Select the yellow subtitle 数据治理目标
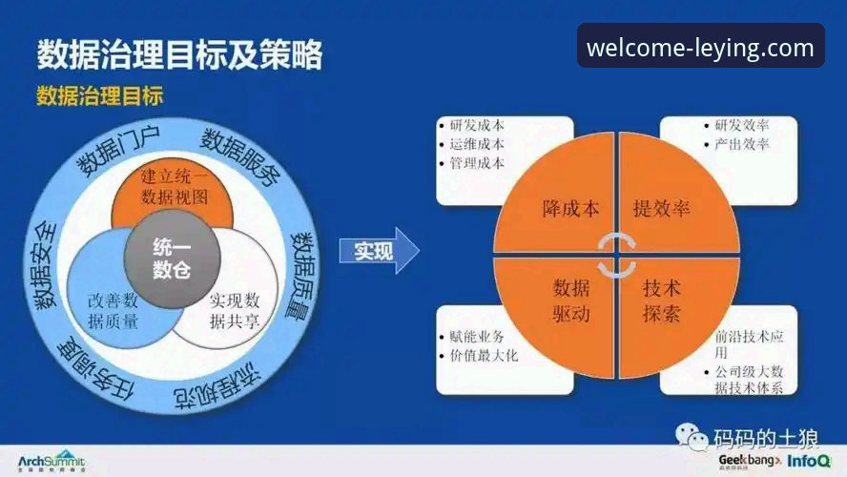(x=99, y=95)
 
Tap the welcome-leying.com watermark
(x=700, y=47)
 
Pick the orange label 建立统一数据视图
(x=173, y=187)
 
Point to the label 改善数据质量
(x=114, y=310)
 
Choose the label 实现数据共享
(x=235, y=310)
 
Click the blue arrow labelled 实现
(x=378, y=252)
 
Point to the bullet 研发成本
(x=476, y=125)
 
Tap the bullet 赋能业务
(x=476, y=337)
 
